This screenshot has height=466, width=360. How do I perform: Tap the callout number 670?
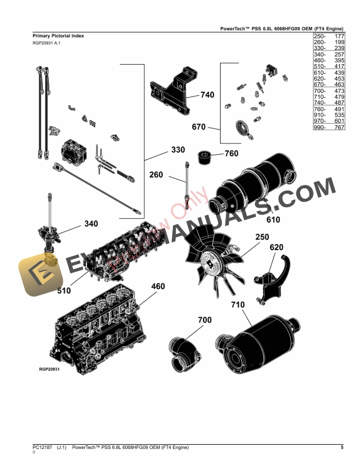click(x=199, y=127)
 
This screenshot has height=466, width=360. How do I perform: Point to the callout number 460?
click(x=158, y=287)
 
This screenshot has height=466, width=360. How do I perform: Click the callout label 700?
click(x=204, y=320)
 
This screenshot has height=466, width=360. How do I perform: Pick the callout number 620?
click(x=277, y=247)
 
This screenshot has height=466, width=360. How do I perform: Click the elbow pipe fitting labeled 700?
click(x=182, y=354)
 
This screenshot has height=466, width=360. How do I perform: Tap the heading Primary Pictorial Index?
click(x=58, y=36)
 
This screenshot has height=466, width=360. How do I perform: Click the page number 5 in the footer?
click(x=342, y=448)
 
